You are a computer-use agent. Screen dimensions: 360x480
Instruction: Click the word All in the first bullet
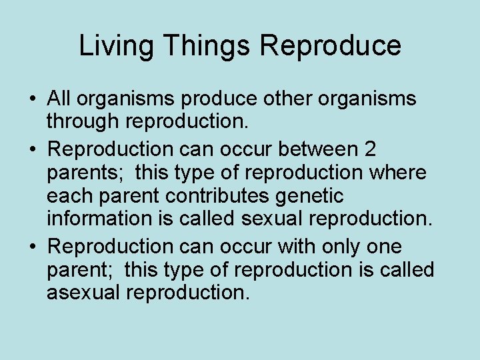pyautogui.click(x=60, y=99)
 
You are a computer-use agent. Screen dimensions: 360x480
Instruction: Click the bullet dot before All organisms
pyautogui.click(x=32, y=100)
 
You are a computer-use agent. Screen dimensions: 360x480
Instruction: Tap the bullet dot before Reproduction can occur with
pyautogui.click(x=32, y=247)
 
